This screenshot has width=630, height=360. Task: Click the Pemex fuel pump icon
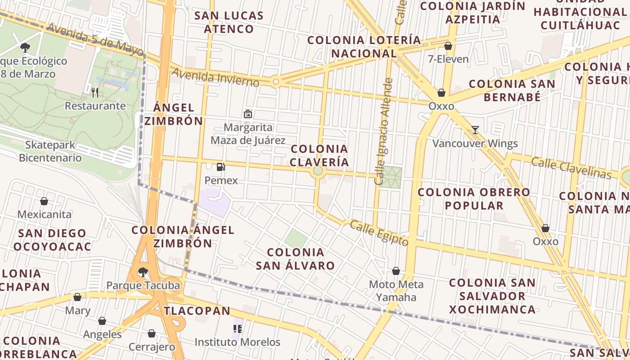220,167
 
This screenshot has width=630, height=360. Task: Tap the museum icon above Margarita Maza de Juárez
247,114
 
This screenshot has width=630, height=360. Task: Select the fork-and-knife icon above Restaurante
95,93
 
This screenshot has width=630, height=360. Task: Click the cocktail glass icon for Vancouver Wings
475,130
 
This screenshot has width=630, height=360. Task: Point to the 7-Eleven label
448,59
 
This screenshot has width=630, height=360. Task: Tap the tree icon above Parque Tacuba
143,272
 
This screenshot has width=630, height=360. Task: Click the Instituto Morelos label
237,342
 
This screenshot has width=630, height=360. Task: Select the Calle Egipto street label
379,233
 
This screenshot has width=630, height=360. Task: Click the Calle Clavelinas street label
571,168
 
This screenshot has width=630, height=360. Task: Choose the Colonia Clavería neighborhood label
319,155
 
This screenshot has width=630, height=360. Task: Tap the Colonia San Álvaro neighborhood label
295,259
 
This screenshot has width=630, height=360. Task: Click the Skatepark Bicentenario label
50,151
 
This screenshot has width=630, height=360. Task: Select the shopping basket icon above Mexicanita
44,201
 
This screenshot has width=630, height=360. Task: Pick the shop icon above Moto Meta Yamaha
396,271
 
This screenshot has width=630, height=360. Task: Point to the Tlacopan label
197,310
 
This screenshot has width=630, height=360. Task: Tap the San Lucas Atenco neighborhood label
229,22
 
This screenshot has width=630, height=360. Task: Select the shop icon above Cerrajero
152,333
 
